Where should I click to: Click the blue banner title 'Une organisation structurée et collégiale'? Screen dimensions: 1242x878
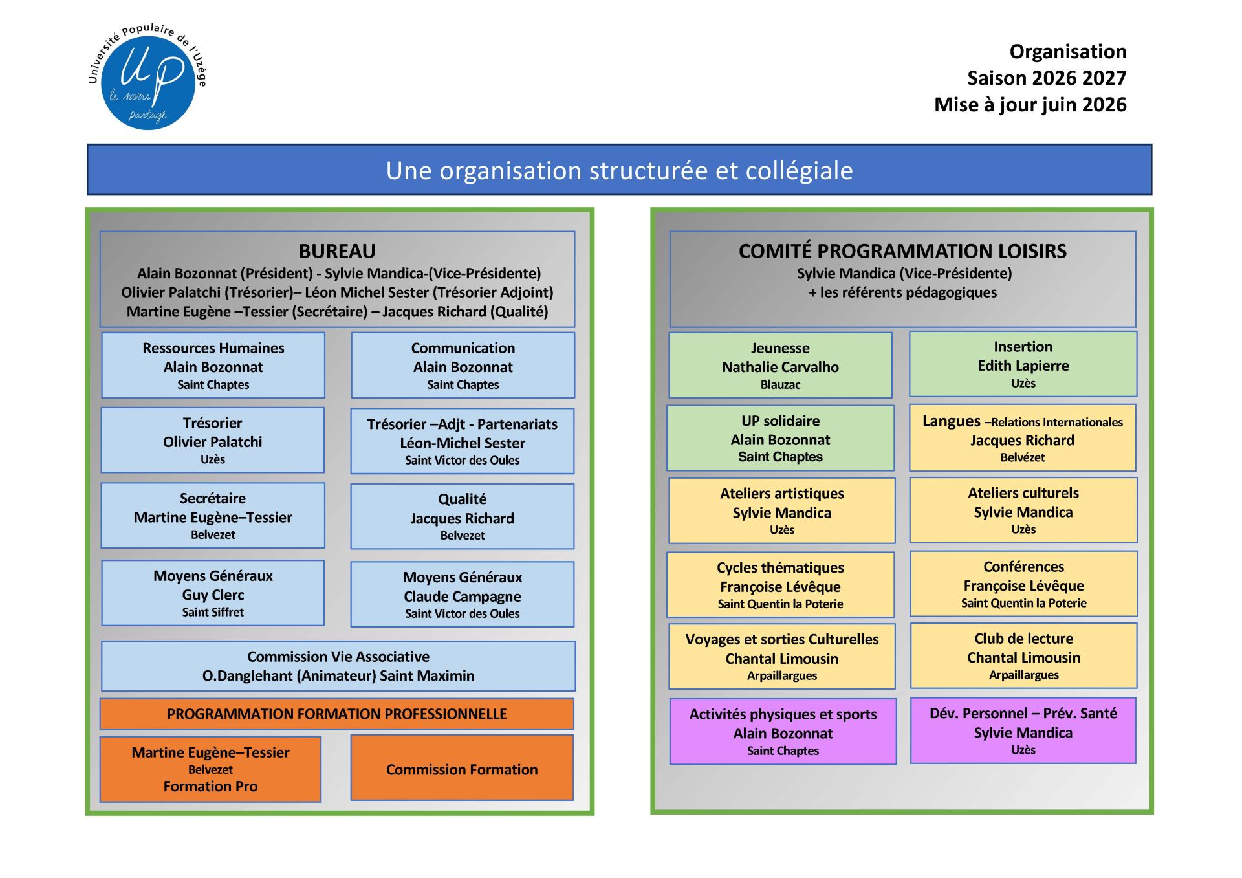tap(619, 170)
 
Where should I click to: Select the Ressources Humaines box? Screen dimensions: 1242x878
tap(213, 366)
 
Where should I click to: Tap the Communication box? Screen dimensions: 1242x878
tap(463, 366)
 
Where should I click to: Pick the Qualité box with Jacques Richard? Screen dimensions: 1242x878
tap(462, 516)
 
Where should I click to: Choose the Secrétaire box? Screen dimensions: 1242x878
tap(213, 516)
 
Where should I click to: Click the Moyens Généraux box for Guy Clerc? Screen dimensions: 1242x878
tap(213, 593)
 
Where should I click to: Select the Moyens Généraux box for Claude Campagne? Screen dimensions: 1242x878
tap(462, 594)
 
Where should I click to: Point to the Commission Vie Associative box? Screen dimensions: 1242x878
tap(338, 666)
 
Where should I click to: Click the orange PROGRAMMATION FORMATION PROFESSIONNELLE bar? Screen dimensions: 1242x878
tap(336, 714)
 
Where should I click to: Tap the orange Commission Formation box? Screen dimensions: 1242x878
tap(462, 768)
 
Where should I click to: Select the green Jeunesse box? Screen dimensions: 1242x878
tap(780, 366)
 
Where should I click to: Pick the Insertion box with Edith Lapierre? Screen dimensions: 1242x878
tap(1023, 364)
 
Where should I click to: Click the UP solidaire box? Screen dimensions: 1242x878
tap(780, 438)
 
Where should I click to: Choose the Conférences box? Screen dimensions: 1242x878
tap(1023, 584)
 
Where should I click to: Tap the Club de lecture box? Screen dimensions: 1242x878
tap(1023, 655)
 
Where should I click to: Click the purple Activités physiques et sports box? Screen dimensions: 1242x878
tap(783, 731)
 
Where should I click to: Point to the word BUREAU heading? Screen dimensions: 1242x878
tap(337, 251)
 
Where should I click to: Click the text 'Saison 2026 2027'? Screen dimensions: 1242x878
tap(1046, 78)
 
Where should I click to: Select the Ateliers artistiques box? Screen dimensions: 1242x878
tap(781, 510)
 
